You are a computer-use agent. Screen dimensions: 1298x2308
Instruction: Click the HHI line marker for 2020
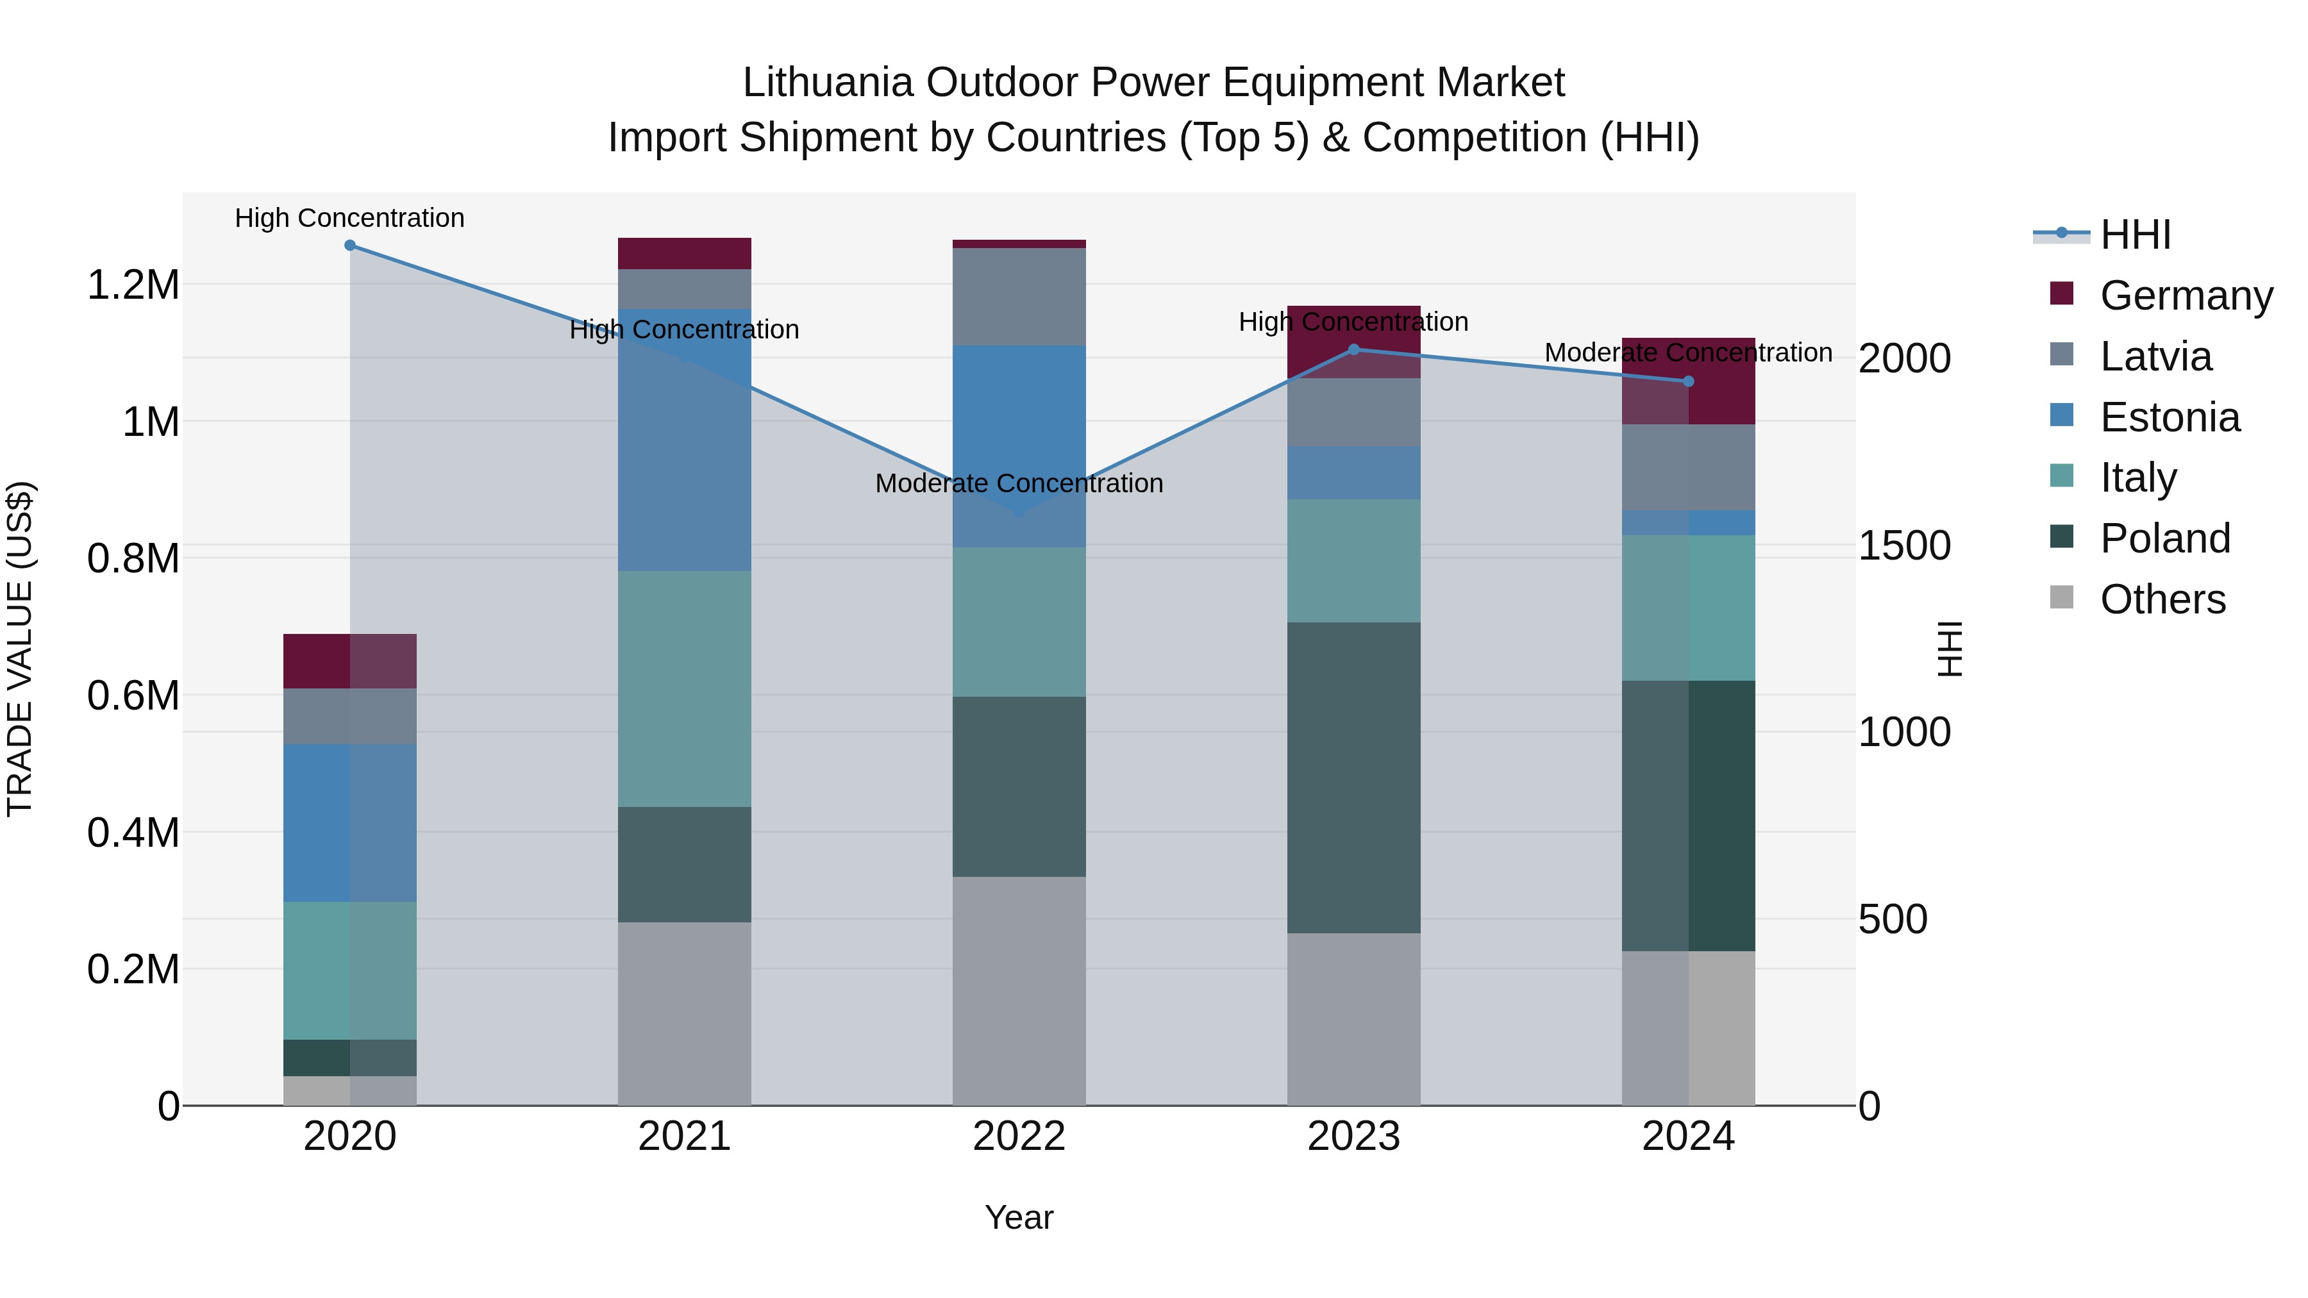349,245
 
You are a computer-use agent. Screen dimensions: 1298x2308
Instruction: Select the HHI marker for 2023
1354,349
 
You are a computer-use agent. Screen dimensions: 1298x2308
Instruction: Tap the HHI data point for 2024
1688,381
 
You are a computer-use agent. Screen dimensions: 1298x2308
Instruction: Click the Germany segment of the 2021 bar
685,253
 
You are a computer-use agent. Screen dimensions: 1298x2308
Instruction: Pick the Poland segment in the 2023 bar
1354,778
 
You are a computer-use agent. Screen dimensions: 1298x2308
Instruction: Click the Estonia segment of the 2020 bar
349,822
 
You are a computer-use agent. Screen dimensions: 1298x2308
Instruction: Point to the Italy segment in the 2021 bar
685,689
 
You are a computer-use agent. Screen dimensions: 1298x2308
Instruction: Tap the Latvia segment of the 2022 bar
1019,297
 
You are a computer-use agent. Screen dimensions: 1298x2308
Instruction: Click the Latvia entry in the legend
2155,356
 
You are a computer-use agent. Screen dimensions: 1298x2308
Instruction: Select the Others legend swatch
2062,597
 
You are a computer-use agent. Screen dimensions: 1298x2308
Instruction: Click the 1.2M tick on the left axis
133,285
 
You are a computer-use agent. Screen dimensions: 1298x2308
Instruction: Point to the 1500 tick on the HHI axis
1904,545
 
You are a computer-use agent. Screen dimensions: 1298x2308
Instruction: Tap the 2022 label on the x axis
1019,1136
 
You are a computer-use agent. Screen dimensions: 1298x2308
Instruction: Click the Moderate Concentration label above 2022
1019,484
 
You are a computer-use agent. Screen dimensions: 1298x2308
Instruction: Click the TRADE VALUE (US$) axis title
20,649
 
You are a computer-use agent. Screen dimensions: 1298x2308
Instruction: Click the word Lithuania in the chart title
827,83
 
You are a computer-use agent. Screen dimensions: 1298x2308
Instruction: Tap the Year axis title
1019,1217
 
